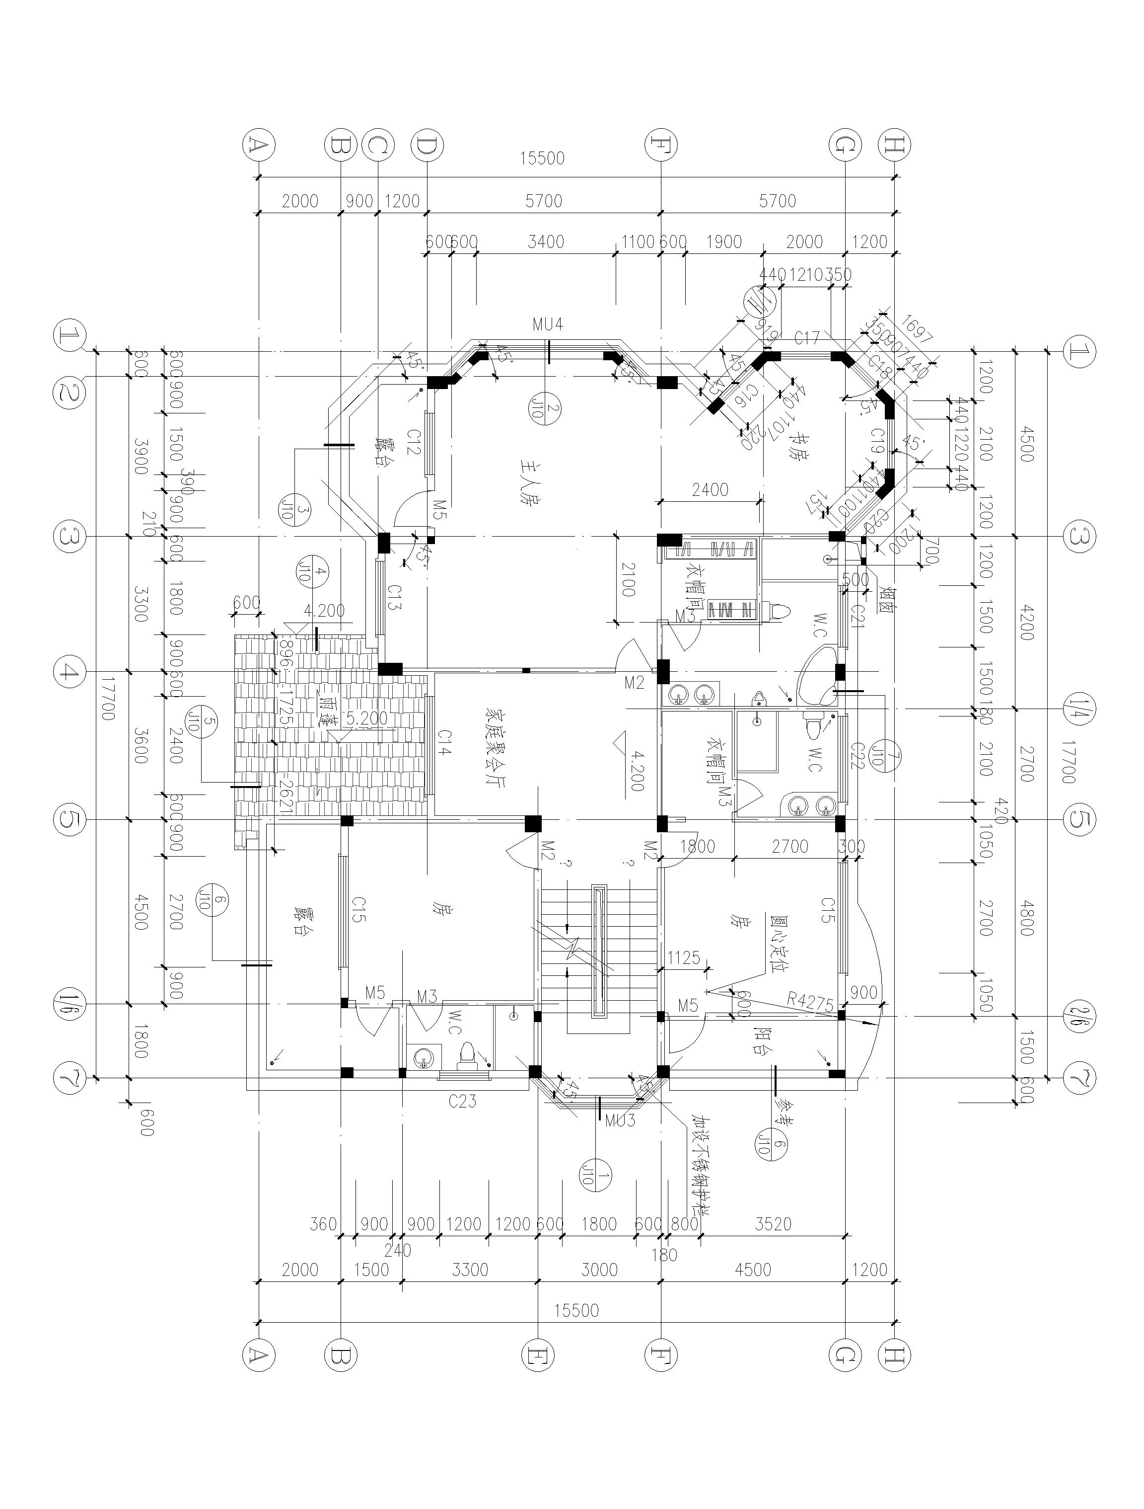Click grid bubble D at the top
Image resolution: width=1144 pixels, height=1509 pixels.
click(427, 145)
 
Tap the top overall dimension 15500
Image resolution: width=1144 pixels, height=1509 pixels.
click(542, 159)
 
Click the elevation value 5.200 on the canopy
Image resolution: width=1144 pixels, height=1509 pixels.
click(366, 718)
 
